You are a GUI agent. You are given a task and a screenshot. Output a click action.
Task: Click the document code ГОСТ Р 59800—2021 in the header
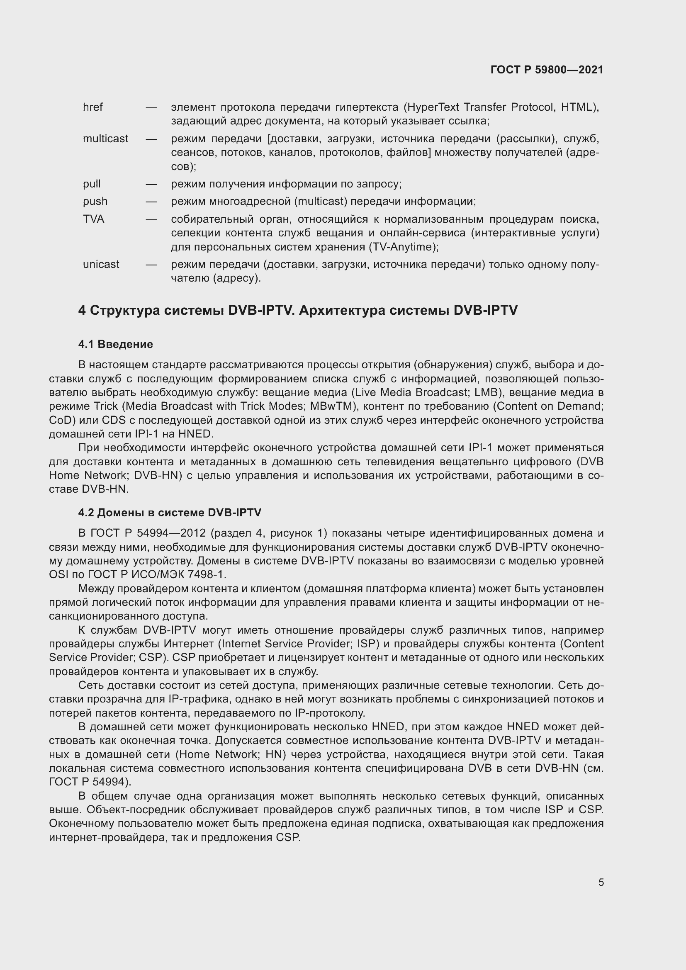pyautogui.click(x=547, y=70)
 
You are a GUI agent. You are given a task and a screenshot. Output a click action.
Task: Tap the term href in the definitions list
pyautogui.click(x=92, y=107)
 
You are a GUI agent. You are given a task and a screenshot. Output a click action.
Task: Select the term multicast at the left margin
pyautogui.click(x=105, y=139)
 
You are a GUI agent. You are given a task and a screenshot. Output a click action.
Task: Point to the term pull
pyautogui.click(x=92, y=184)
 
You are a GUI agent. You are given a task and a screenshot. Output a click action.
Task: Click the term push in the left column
pyautogui.click(x=95, y=202)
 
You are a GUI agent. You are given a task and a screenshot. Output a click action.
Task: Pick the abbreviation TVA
pyautogui.click(x=93, y=219)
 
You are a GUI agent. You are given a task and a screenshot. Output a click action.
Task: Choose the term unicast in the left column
pyautogui.click(x=101, y=265)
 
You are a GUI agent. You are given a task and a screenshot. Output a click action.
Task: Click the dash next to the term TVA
pyautogui.click(x=151, y=220)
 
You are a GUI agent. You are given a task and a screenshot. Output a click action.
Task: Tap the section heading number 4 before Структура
pyautogui.click(x=82, y=311)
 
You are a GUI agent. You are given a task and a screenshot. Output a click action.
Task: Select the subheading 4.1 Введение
pyautogui.click(x=115, y=344)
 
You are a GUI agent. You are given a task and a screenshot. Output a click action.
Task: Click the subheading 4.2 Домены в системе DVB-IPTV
pyautogui.click(x=170, y=513)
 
